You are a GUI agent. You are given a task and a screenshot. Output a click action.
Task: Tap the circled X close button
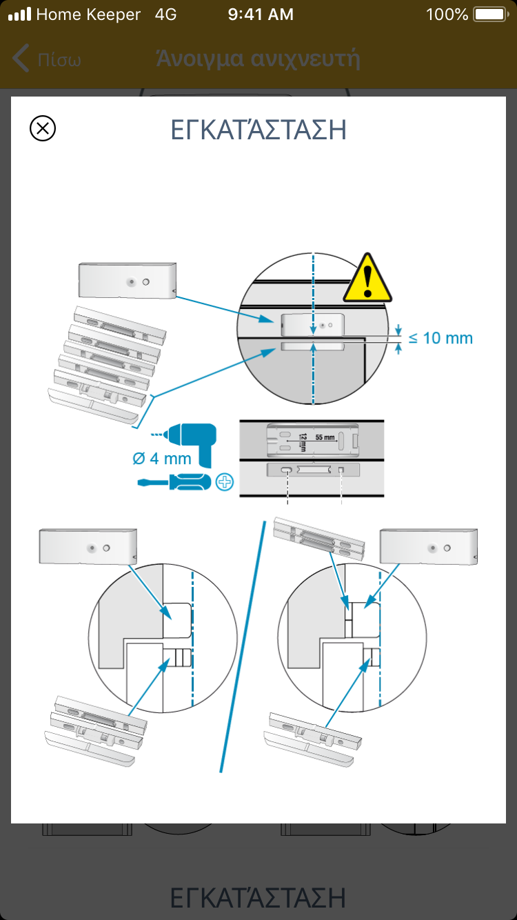(x=43, y=129)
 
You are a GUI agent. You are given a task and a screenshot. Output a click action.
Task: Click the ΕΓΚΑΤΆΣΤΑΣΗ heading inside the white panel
(x=258, y=130)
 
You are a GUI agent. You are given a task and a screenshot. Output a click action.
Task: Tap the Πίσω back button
(x=48, y=59)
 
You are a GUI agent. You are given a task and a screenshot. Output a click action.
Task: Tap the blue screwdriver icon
(x=176, y=482)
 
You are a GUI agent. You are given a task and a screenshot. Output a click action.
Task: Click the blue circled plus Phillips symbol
(x=225, y=482)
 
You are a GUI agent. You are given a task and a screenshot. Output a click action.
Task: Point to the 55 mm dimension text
(x=325, y=437)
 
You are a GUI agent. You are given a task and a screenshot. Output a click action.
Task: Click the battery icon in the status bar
(x=490, y=14)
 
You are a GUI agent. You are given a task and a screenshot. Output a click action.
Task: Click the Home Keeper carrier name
(x=88, y=14)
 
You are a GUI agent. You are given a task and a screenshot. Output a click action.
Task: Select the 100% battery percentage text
(x=447, y=14)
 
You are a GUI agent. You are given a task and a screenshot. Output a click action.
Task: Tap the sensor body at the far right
(x=429, y=547)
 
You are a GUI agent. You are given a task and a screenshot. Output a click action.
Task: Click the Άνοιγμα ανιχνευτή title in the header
(x=258, y=59)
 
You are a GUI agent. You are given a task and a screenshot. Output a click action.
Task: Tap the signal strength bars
(x=19, y=14)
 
